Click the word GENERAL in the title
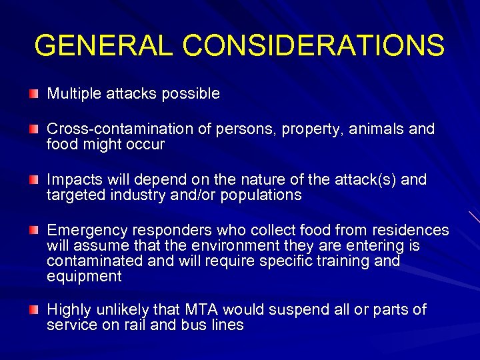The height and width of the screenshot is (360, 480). click(103, 45)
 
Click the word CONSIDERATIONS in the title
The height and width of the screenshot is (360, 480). click(313, 45)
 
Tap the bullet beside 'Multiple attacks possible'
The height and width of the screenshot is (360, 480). click(33, 94)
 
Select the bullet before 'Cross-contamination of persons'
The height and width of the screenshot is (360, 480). click(33, 129)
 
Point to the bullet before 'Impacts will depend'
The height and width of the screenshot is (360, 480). click(33, 180)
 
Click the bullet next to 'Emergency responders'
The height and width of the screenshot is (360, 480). click(33, 231)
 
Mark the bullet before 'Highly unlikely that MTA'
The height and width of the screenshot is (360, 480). click(33, 310)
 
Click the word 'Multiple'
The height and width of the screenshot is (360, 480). click(73, 94)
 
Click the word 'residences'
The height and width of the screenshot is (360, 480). click(414, 231)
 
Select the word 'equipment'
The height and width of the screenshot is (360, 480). click(84, 277)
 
